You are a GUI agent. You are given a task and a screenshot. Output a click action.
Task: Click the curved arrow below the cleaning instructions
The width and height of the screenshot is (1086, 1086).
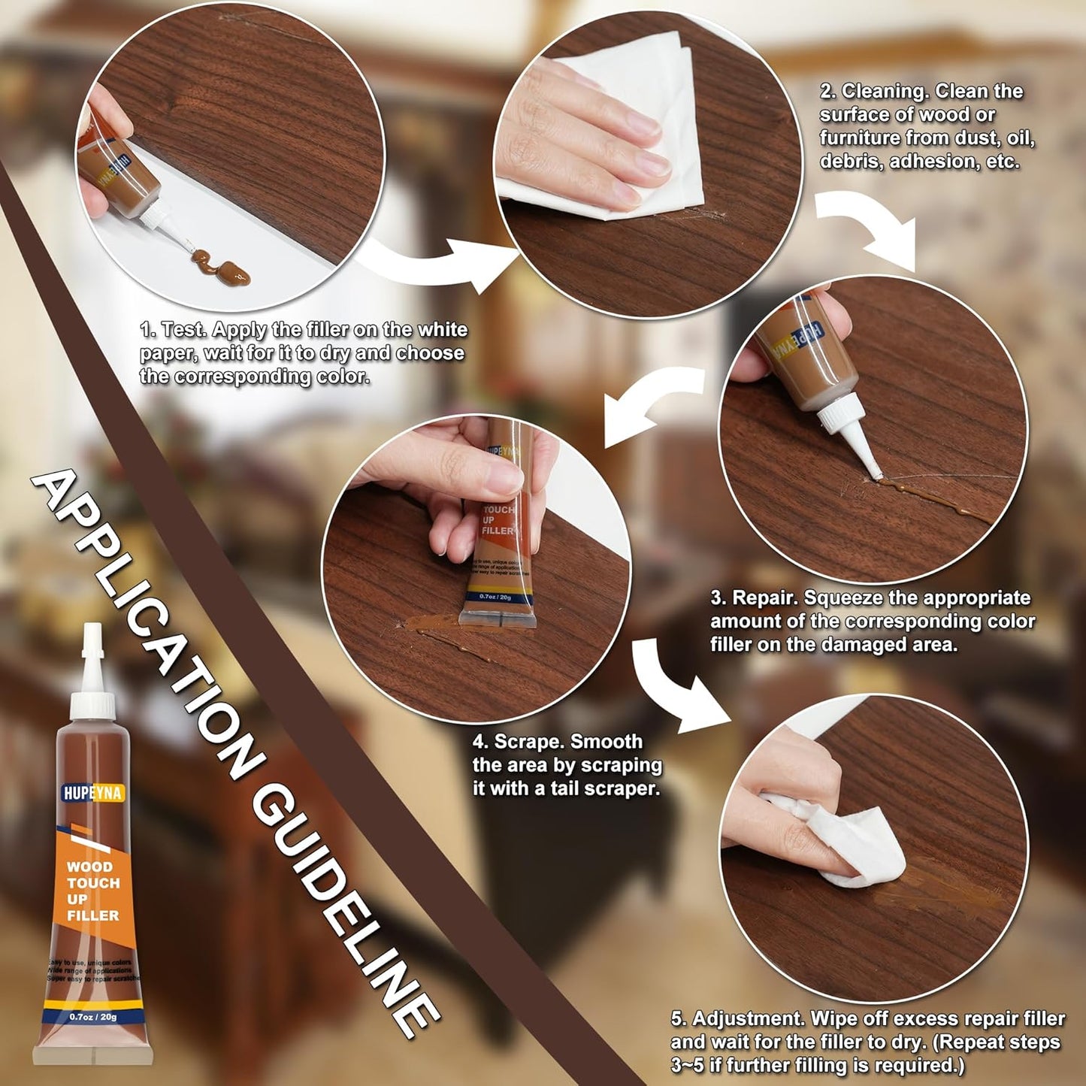point(872,225)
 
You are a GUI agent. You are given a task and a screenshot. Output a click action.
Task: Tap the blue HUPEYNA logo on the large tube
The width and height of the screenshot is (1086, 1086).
point(92,793)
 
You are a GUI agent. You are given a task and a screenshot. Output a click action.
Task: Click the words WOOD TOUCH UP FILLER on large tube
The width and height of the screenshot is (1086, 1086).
point(92,891)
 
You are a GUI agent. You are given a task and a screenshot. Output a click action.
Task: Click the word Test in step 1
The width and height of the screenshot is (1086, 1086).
point(185,330)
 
